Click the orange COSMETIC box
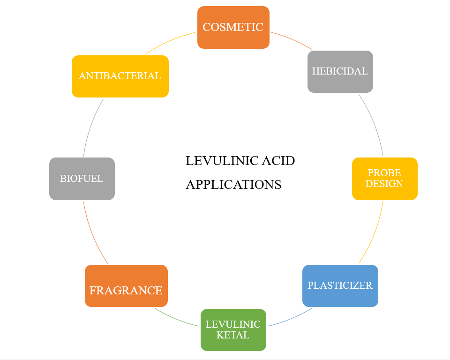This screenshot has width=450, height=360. click(233, 27)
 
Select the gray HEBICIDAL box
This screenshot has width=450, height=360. click(340, 71)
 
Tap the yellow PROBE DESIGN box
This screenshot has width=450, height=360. click(384, 179)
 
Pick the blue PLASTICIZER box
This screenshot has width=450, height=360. click(340, 285)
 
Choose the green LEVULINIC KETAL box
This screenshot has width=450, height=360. click(233, 330)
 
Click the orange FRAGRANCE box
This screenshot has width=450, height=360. click(126, 285)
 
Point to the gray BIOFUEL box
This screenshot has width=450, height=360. click(82, 179)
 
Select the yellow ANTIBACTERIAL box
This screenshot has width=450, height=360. click(120, 76)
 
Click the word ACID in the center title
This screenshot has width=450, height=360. click(278, 161)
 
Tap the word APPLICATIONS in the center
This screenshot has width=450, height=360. click(233, 185)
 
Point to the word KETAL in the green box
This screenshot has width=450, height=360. click(233, 335)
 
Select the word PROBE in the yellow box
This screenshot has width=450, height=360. click(384, 173)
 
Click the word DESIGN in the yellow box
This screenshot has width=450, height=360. click(384, 184)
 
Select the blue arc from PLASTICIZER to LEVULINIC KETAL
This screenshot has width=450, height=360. click(291, 319)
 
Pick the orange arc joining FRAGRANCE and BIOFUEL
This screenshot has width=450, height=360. click(92, 234)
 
